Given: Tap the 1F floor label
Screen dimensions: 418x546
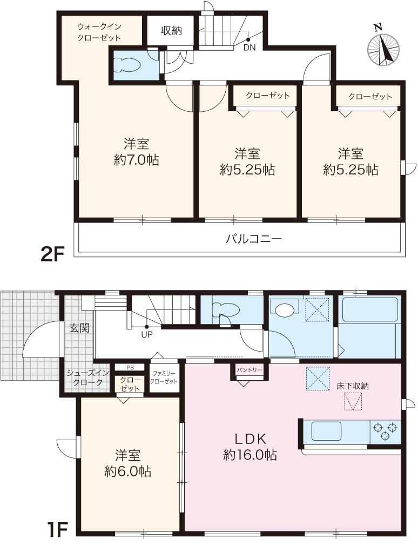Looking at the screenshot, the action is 55,530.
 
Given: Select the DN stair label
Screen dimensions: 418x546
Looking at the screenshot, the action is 250,48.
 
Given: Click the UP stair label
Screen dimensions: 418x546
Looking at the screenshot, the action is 147,335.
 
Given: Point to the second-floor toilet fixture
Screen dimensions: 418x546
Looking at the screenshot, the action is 127,65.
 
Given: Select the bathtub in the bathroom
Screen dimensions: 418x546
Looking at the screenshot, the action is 370,309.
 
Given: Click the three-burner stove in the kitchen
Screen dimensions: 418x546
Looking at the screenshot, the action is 385,431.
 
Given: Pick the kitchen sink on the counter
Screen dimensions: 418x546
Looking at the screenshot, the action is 326,431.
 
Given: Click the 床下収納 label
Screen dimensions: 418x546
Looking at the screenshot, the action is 353,386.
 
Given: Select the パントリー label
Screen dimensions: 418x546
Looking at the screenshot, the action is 250,370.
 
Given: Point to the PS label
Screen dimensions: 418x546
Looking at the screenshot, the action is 130,367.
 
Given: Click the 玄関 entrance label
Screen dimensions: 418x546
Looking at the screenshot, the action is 79,328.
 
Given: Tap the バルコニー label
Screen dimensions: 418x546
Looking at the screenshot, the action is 254,239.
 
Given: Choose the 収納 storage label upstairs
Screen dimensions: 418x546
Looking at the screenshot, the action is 171,31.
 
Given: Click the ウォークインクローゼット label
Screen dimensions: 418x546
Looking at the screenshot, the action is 99,32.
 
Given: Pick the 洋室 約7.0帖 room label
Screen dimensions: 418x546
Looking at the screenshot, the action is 137,152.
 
